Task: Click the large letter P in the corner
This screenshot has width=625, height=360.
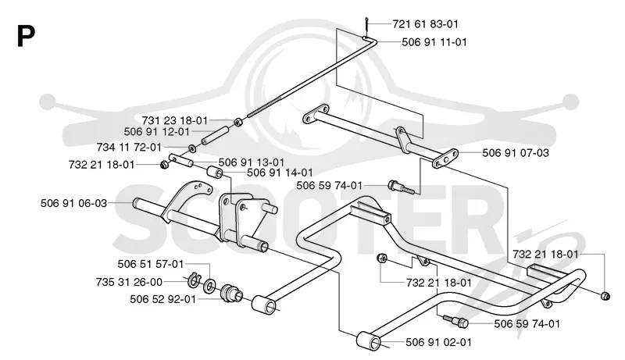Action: (x=26, y=36)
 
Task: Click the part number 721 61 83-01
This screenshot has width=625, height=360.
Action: (x=425, y=24)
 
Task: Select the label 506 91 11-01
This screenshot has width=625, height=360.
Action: (x=434, y=42)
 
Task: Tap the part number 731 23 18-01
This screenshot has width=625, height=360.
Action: (x=174, y=120)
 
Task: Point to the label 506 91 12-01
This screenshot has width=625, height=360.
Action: (x=157, y=131)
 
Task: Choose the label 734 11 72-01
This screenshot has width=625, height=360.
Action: (x=129, y=148)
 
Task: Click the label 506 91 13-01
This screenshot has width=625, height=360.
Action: (x=251, y=162)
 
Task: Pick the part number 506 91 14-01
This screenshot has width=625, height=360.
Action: (x=280, y=173)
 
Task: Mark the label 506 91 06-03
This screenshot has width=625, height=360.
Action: (x=73, y=203)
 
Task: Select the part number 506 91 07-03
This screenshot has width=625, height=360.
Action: (x=516, y=152)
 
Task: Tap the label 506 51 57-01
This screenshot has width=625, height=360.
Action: (x=151, y=264)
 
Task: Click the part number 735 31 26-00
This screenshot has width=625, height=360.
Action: (x=129, y=282)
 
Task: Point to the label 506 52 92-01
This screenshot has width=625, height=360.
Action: (x=163, y=298)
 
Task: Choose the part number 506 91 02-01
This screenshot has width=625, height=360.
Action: (x=438, y=342)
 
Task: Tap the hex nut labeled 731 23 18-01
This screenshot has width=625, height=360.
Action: (x=237, y=122)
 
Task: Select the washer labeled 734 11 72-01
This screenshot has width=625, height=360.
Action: (x=191, y=148)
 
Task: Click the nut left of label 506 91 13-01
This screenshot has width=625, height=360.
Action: (x=163, y=164)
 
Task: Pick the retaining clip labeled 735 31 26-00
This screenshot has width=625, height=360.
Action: (x=193, y=280)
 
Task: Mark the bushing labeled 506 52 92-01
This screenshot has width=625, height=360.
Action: (x=231, y=294)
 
